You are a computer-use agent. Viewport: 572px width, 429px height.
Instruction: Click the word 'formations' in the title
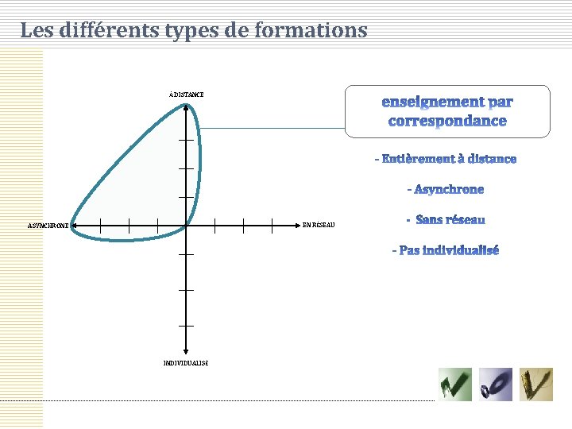tap(318, 31)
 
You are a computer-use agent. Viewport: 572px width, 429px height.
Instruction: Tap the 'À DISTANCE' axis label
tap(186, 95)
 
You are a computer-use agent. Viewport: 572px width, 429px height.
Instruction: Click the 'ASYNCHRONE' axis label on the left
tap(48, 226)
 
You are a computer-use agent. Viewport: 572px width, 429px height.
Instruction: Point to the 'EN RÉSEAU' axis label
tap(319, 225)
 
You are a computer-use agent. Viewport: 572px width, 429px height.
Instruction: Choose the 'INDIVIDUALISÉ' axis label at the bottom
tap(186, 362)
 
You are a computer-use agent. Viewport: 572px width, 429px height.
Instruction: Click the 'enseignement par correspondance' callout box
tap(447, 111)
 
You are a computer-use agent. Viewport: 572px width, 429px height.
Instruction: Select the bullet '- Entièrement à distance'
tap(446, 159)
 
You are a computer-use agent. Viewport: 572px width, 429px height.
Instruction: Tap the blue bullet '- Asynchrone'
tap(445, 189)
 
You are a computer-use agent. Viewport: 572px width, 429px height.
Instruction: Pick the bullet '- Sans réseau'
tap(445, 219)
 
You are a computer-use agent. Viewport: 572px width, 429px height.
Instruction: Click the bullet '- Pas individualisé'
tap(445, 250)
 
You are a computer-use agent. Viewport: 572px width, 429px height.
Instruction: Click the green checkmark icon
tap(455, 385)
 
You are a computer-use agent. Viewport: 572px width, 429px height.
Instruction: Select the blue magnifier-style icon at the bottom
tap(496, 385)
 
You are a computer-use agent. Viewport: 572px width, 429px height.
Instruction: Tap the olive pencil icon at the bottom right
tap(536, 385)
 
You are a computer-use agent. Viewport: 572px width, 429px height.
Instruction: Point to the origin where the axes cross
tap(186, 225)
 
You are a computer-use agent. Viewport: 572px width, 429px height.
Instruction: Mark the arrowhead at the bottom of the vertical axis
tap(186, 351)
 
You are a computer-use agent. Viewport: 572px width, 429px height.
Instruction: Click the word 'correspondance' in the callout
tap(447, 122)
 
